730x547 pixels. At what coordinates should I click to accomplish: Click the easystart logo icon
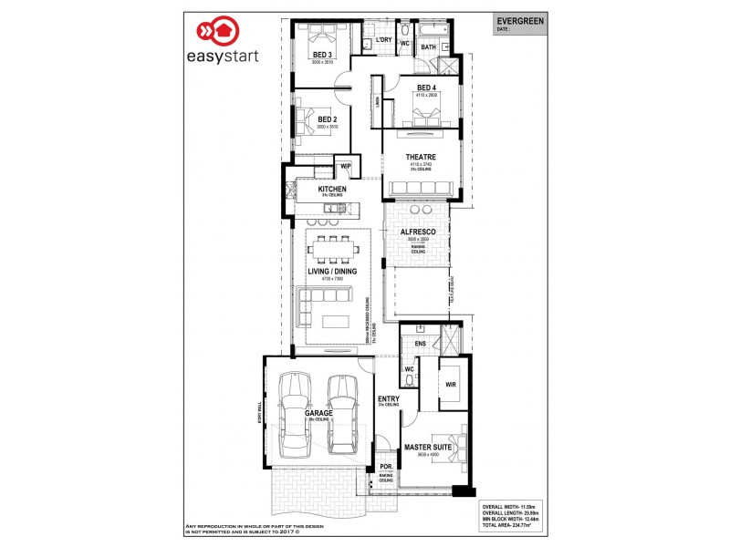pyautogui.click(x=222, y=31)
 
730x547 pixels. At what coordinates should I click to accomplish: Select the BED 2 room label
pyautogui.click(x=328, y=119)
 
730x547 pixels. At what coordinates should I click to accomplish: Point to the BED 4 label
pyautogui.click(x=426, y=88)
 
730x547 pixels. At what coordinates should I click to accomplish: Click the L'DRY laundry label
pyautogui.click(x=383, y=40)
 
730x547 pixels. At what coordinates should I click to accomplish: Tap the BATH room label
pyautogui.click(x=428, y=46)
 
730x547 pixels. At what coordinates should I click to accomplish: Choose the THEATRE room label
pyautogui.click(x=421, y=157)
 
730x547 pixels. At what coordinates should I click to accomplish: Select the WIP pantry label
pyautogui.click(x=345, y=167)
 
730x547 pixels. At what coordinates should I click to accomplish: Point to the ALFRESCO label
pyautogui.click(x=416, y=232)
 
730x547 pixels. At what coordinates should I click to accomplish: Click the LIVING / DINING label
pyautogui.click(x=331, y=272)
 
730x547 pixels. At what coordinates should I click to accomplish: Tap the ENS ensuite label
pyautogui.click(x=420, y=344)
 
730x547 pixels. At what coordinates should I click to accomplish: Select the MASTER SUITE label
pyautogui.click(x=429, y=447)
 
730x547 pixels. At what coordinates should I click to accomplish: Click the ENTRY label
pyautogui.click(x=388, y=399)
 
